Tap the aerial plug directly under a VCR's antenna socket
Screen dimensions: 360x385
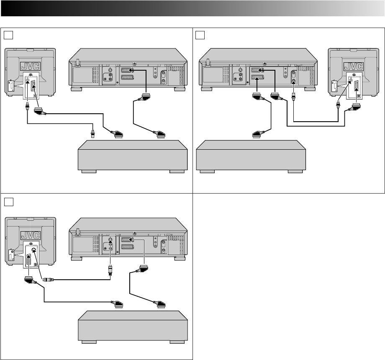click(x=293, y=100)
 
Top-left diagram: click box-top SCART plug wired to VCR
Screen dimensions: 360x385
click(x=161, y=134)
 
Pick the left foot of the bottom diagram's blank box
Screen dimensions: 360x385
click(x=89, y=342)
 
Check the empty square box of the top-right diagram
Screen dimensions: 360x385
click(x=200, y=34)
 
